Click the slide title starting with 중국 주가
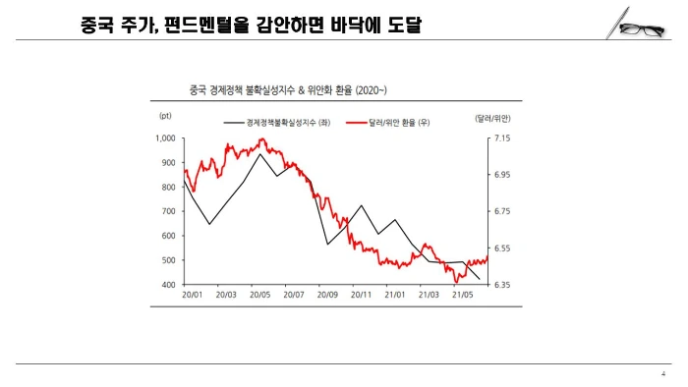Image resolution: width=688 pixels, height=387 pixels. point(251,24)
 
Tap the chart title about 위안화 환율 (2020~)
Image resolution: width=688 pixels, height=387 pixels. point(281,90)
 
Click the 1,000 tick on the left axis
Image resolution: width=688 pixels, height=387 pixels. point(166,138)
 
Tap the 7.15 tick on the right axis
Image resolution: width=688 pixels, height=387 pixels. point(502,138)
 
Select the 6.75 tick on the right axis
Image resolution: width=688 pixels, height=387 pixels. point(502,211)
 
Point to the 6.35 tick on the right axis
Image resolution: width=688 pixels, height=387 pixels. point(502,285)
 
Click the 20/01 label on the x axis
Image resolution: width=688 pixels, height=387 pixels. point(193,295)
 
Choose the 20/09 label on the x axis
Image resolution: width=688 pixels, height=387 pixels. point(327,295)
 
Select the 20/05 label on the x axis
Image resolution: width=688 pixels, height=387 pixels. point(260,295)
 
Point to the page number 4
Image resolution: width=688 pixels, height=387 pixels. point(664,374)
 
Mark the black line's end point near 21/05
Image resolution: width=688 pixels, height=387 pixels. point(480,280)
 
